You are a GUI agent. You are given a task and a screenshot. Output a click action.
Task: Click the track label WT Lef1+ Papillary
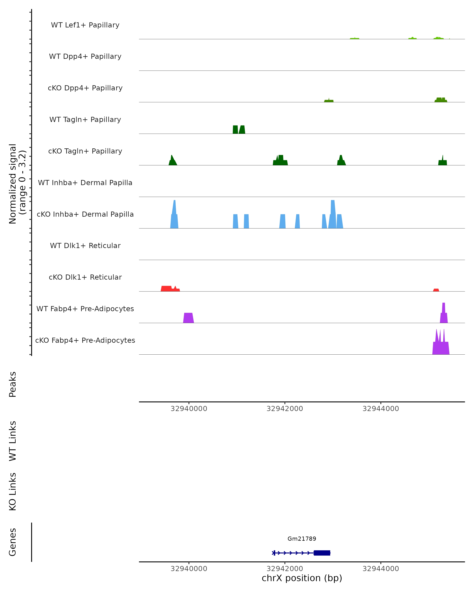(x=85, y=25)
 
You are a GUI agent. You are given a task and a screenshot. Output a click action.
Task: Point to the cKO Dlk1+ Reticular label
(x=85, y=277)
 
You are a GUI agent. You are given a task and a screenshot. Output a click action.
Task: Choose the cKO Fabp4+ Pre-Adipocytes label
(x=85, y=340)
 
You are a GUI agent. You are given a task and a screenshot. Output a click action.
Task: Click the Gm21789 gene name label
(x=302, y=539)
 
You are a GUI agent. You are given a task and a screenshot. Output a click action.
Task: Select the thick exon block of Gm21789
(x=322, y=553)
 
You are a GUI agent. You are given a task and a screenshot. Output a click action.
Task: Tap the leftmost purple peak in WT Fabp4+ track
(x=188, y=318)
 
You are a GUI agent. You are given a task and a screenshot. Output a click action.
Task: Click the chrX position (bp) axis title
(x=302, y=578)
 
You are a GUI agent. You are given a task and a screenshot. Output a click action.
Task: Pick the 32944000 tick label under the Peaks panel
(x=381, y=409)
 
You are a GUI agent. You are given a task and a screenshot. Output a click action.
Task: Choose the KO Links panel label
(x=13, y=492)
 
